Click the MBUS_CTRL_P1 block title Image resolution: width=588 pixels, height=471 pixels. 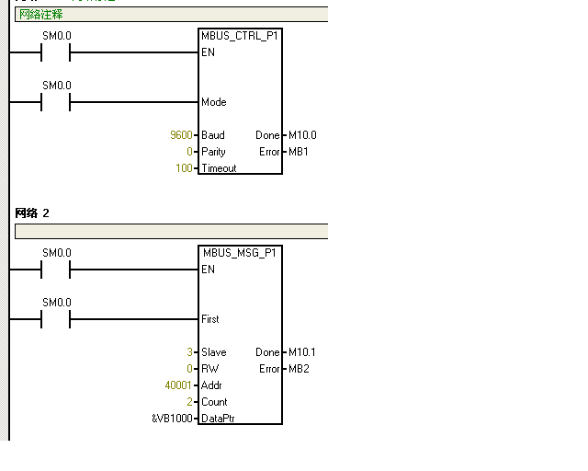click(240, 36)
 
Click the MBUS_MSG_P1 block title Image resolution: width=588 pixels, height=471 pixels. click(240, 253)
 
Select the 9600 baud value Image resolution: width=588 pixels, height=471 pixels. click(181, 135)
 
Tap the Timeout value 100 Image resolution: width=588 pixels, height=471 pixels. click(184, 168)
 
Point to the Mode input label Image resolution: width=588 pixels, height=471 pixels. click(214, 102)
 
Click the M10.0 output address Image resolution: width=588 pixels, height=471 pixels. click(302, 135)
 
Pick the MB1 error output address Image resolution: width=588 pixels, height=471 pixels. click(299, 152)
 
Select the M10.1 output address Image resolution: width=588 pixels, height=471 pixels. click(302, 352)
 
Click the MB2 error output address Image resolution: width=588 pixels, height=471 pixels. click(299, 369)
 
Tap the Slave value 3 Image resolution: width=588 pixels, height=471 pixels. click(189, 352)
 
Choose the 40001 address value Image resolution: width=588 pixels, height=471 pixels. click(178, 385)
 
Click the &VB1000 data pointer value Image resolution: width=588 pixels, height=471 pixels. click(172, 419)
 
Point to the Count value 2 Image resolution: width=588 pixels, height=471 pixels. click(189, 402)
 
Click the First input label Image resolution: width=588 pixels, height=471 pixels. click(210, 319)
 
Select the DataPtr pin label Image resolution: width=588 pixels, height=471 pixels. click(219, 419)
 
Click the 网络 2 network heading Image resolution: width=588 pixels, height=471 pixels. click(32, 213)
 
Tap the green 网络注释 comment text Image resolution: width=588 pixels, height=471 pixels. click(41, 15)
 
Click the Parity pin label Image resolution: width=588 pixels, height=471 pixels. click(213, 152)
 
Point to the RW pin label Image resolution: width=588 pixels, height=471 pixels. click(210, 369)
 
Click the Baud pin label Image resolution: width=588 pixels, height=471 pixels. click(213, 135)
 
